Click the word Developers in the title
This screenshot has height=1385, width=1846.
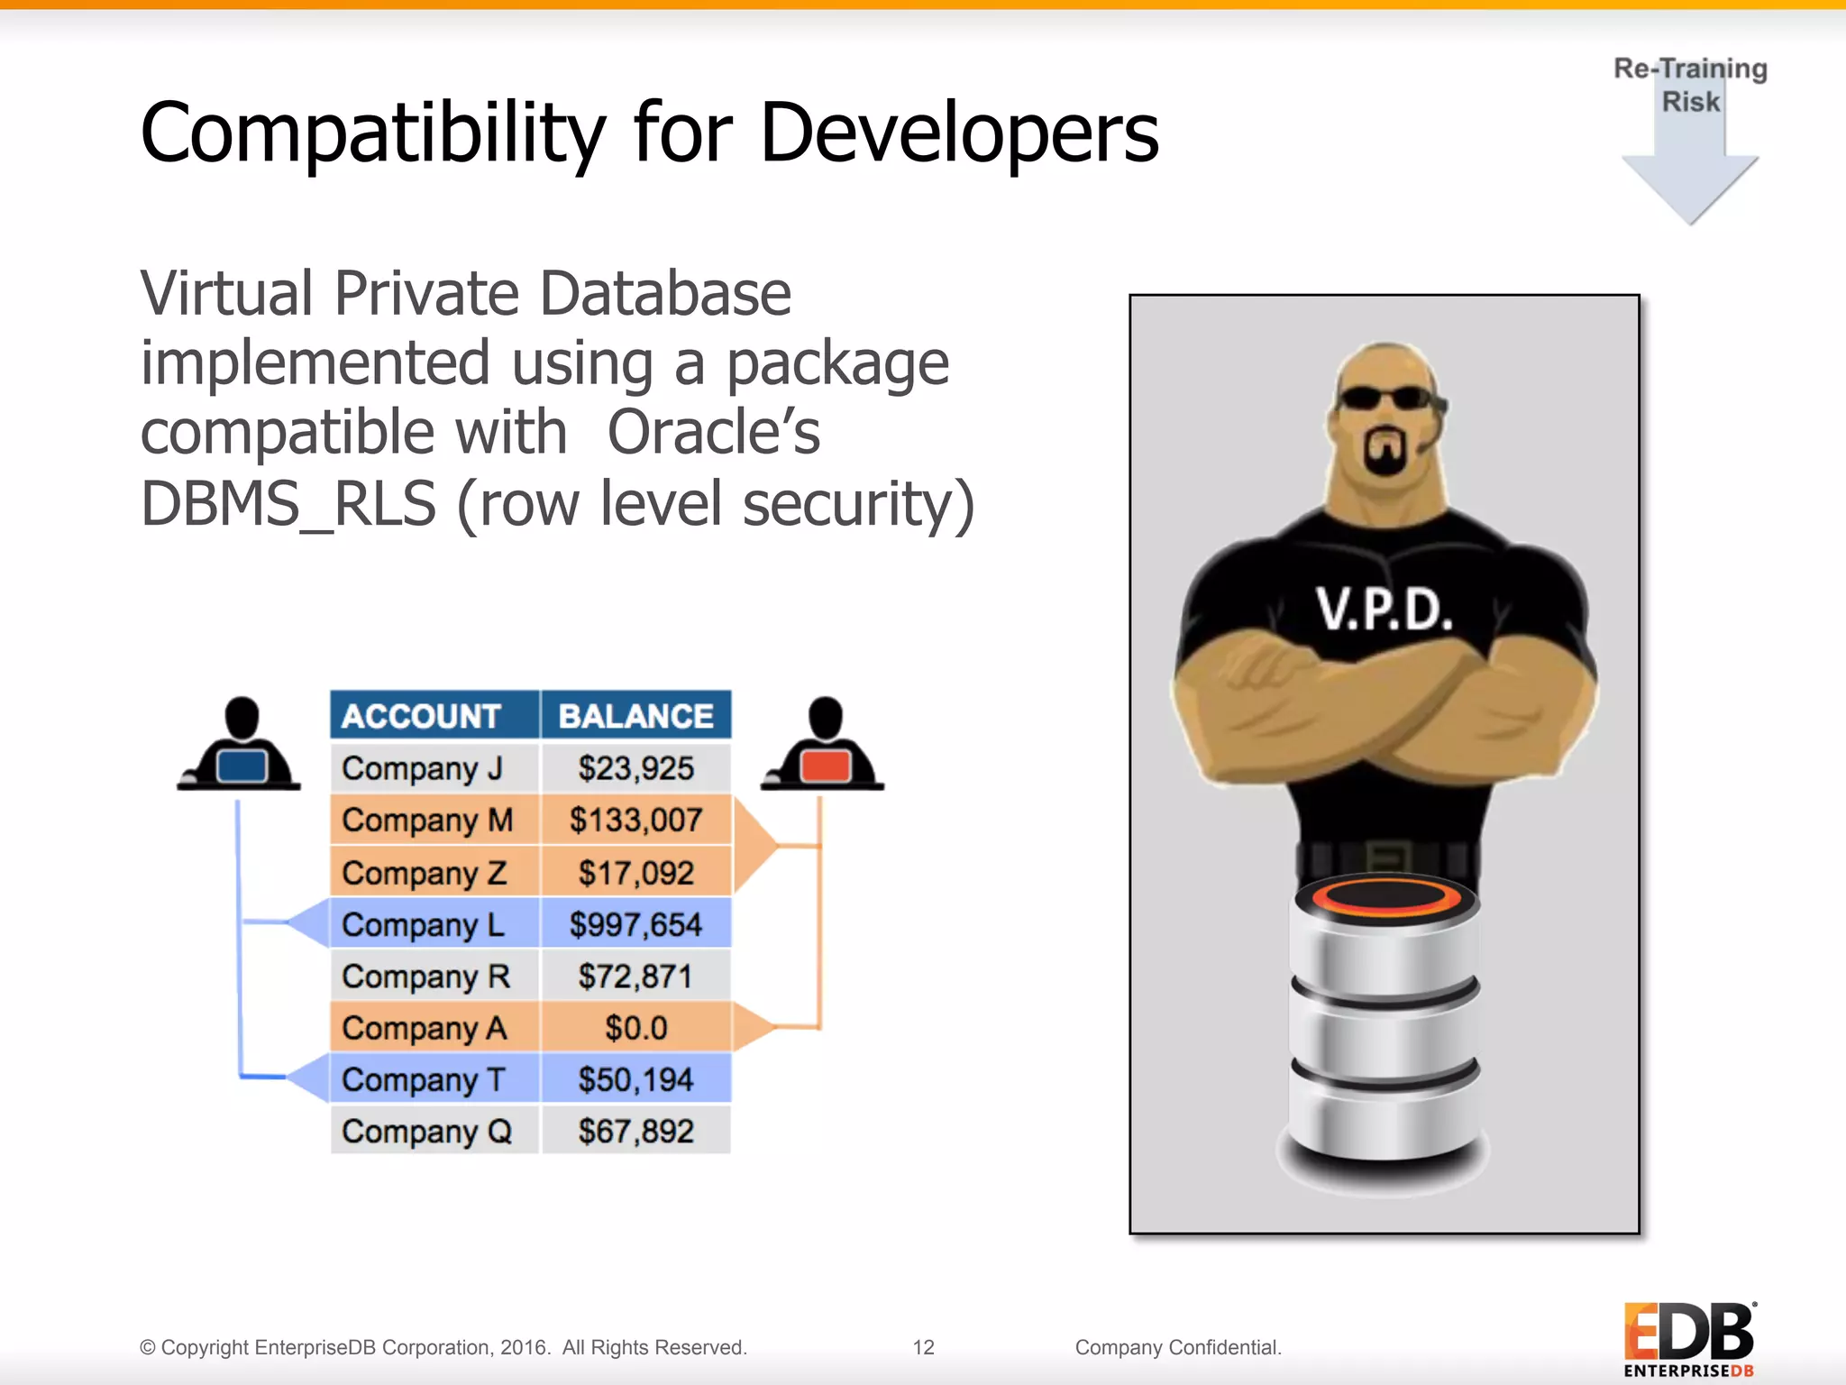[x=959, y=133]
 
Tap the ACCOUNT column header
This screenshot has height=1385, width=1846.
[x=422, y=716]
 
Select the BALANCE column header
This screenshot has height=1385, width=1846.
[x=636, y=716]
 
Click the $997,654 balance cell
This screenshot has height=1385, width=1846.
[x=635, y=924]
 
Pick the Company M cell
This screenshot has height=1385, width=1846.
[x=427, y=821]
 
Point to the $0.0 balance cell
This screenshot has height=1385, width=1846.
[x=635, y=1028]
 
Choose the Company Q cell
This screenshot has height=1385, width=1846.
[x=427, y=1131]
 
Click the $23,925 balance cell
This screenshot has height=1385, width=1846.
[x=635, y=768]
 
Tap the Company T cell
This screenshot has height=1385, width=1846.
[x=424, y=1079]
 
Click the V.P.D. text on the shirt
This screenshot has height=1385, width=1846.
[x=1384, y=610]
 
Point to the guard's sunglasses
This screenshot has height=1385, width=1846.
[x=1386, y=398]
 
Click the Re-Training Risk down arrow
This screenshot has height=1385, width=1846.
[x=1690, y=171]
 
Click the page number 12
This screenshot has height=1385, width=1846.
[x=923, y=1347]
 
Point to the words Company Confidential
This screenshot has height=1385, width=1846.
[x=1178, y=1347]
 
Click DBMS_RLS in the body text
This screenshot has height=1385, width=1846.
[x=288, y=503]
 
